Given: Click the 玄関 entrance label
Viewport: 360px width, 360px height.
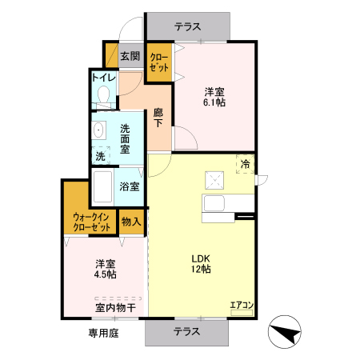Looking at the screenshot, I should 130,57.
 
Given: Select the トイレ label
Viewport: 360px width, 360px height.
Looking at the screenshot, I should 103,78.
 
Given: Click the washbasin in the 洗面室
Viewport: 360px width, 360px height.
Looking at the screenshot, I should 99,130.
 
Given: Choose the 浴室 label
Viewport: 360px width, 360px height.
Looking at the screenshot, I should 130,186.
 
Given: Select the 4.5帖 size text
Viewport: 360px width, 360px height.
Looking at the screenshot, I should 105,274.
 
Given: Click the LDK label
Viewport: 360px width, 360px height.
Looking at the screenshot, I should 200,258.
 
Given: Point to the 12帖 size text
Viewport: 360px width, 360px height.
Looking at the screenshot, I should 200,270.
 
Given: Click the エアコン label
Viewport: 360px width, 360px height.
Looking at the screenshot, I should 242,305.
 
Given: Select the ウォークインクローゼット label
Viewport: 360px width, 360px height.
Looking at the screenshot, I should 91,222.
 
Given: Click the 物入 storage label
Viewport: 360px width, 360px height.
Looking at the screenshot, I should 131,222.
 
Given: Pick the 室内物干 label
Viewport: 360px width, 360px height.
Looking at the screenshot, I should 115,306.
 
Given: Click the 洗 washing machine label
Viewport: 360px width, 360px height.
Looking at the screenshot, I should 101,157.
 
